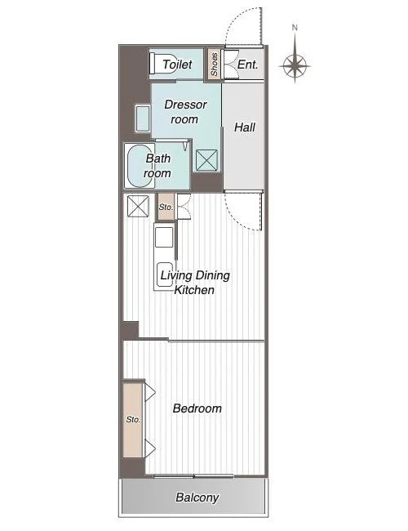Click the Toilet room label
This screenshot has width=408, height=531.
pyautogui.click(x=177, y=65)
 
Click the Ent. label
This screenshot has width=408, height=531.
pyautogui.click(x=247, y=65)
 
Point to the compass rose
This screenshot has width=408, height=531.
pyautogui.click(x=295, y=65)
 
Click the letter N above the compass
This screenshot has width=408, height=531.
pyautogui.click(x=295, y=28)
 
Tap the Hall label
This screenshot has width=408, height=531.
pyautogui.click(x=245, y=127)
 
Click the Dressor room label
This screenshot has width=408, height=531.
pyautogui.click(x=185, y=112)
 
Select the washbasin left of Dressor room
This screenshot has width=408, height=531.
pyautogui.click(x=143, y=118)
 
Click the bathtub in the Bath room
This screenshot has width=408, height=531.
pyautogui.click(x=140, y=166)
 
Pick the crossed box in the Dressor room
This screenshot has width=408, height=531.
pyautogui.click(x=206, y=160)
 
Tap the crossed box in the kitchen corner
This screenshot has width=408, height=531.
pyautogui.click(x=138, y=206)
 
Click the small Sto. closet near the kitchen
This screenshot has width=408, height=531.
pyautogui.click(x=166, y=207)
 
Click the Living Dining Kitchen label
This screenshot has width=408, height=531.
pyautogui.click(x=195, y=283)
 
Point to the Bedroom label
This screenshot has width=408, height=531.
pyautogui.click(x=197, y=408)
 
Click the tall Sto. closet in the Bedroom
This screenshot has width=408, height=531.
pyautogui.click(x=133, y=420)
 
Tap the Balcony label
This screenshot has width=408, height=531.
pyautogui.click(x=197, y=498)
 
